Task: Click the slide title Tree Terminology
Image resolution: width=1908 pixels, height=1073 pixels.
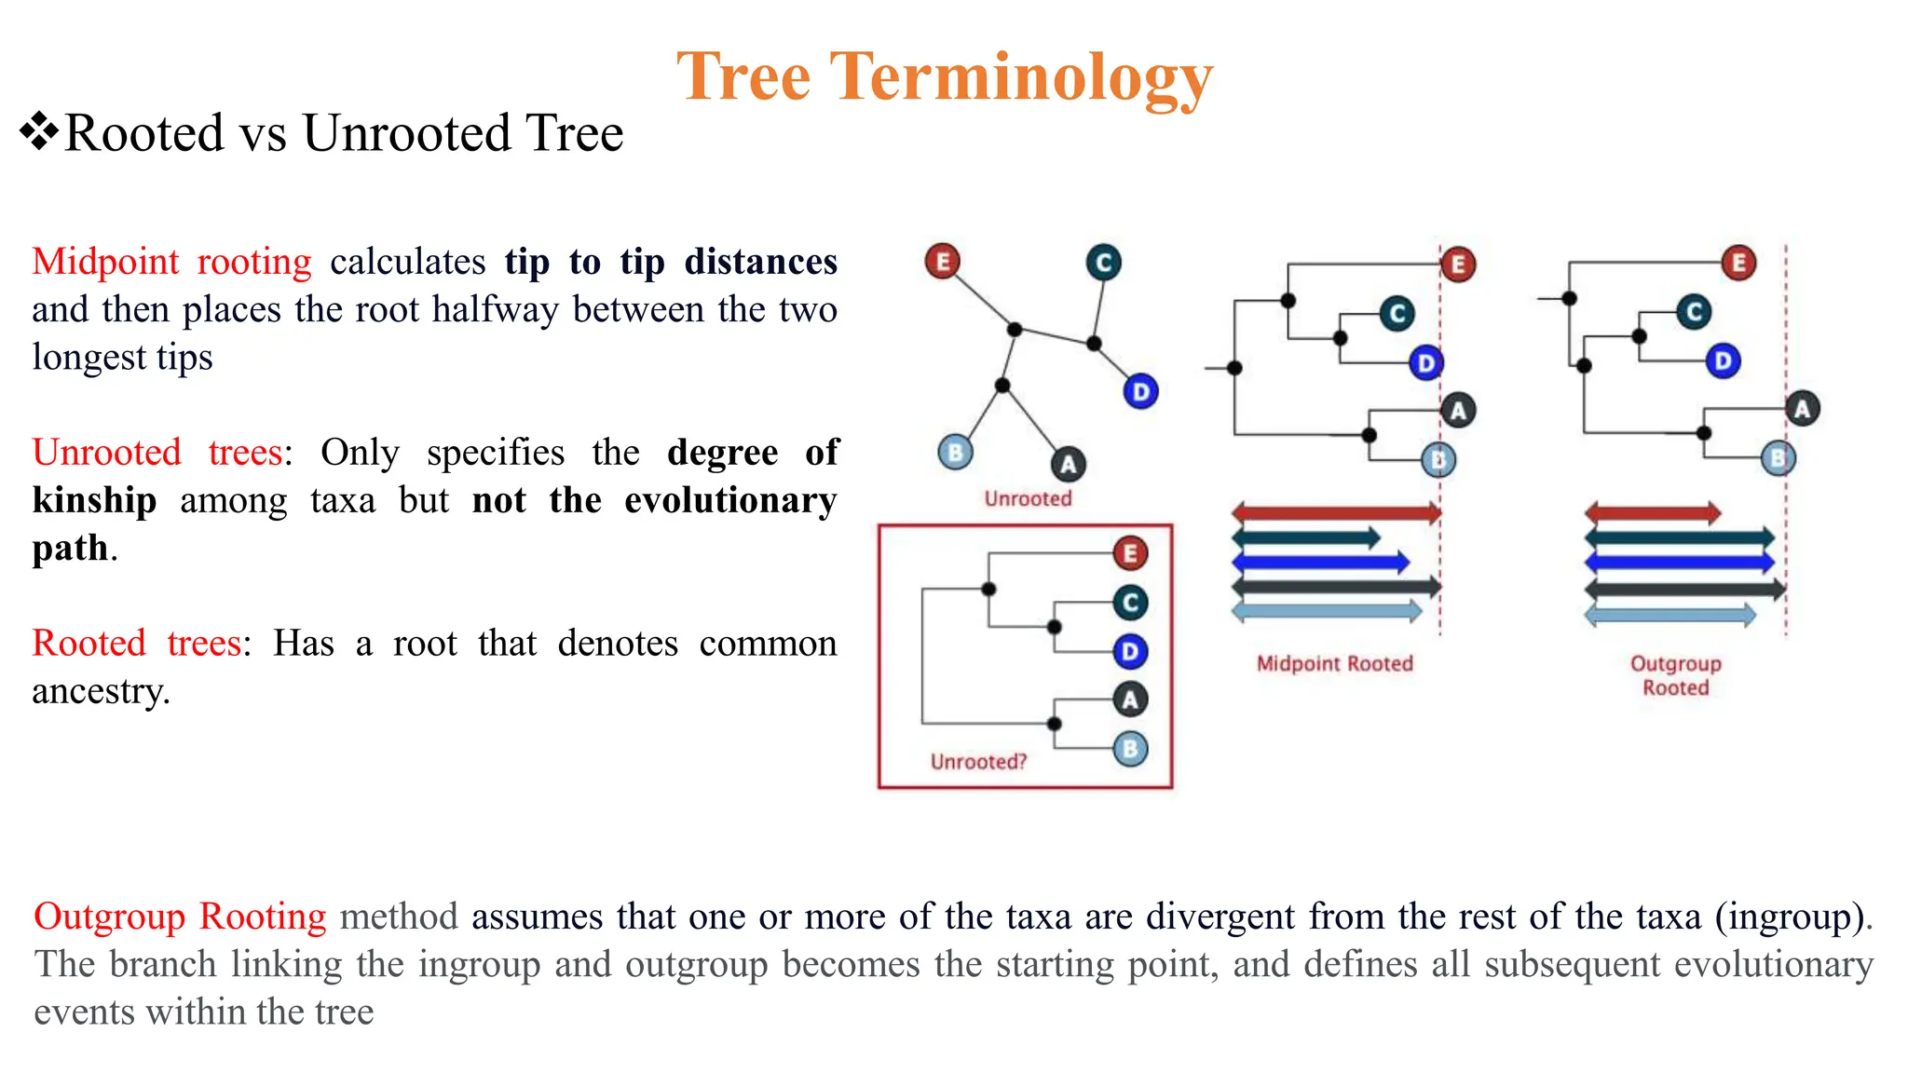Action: point(945,76)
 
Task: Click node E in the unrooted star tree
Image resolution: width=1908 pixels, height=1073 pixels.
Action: point(942,261)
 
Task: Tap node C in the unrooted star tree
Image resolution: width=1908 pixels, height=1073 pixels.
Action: point(1103,263)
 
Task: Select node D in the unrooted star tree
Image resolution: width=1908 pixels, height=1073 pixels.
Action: point(1140,391)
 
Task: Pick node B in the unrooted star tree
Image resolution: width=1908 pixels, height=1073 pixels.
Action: point(955,453)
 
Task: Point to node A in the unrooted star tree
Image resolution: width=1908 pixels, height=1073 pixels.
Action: point(1068,464)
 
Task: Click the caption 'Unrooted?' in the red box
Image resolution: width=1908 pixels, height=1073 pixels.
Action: point(978,762)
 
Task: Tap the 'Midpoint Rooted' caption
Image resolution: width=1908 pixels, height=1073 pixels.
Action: point(1334,663)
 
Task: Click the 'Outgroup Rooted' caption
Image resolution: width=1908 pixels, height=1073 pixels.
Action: point(1675,675)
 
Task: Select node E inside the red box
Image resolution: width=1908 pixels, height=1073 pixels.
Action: point(1130,553)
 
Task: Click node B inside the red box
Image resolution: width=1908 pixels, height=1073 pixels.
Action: point(1130,749)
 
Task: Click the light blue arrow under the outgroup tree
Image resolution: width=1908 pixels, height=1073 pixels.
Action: point(1669,614)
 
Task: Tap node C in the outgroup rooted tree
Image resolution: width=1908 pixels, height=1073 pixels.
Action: point(1694,312)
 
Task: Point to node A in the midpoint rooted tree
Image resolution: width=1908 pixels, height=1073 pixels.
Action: point(1458,410)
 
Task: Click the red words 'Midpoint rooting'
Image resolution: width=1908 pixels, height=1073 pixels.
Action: point(171,262)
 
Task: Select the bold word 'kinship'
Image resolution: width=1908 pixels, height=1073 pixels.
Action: point(94,500)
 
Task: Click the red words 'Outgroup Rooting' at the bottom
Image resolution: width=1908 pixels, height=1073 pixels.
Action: point(180,917)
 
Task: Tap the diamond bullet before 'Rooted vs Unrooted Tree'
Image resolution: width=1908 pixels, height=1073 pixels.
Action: point(38,131)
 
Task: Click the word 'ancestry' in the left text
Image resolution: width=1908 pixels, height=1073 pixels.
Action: point(98,691)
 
